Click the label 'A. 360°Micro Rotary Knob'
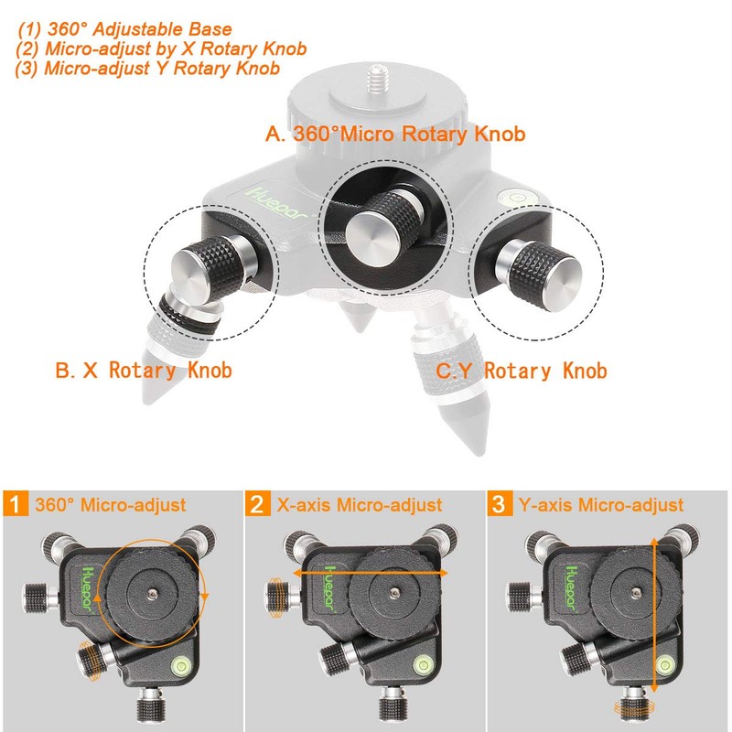pos(395,134)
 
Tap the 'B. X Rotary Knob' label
pos(143,371)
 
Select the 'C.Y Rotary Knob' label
pos(521,371)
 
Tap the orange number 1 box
pos(16,505)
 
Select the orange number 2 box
pos(259,505)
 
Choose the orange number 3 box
pos(500,505)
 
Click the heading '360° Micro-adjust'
pos(111,505)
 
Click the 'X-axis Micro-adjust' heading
pos(358,505)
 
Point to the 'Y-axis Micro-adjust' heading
pos(599,505)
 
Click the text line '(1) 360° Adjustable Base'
pos(125,30)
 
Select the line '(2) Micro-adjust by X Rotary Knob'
pos(162,49)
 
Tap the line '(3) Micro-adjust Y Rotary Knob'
pos(147,69)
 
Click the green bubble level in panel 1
pos(178,665)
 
